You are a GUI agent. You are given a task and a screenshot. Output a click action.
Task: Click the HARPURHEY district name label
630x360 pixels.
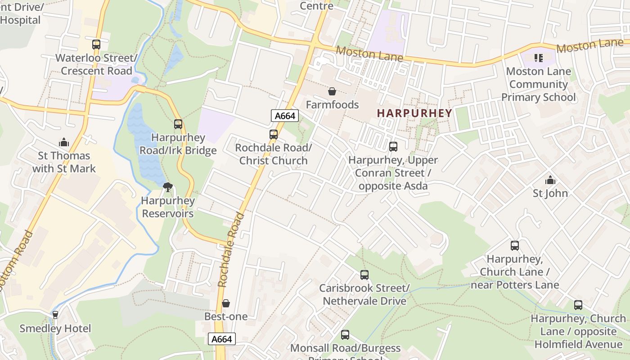click(414, 113)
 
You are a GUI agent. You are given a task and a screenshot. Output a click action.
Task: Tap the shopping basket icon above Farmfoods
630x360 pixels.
click(332, 92)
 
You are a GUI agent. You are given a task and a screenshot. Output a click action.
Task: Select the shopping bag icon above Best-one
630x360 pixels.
click(226, 304)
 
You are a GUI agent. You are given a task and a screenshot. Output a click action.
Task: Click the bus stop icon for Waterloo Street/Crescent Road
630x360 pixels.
click(96, 45)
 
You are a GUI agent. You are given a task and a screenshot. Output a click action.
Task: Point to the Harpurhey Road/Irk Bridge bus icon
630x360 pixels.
click(178, 124)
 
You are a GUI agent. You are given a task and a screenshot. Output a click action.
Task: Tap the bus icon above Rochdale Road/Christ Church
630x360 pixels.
click(273, 135)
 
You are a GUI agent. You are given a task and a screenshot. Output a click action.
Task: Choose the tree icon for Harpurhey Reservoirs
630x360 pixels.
click(168, 187)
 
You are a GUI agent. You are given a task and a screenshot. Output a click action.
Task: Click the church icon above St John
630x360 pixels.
click(550, 180)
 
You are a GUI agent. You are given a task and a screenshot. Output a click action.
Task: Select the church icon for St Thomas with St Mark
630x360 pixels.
click(64, 143)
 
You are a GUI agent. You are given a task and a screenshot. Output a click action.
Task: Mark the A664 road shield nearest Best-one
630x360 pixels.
click(222, 339)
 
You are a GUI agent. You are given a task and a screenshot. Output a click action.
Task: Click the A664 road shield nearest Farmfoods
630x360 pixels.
click(285, 116)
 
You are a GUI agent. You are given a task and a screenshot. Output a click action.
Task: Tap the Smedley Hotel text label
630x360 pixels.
click(55, 328)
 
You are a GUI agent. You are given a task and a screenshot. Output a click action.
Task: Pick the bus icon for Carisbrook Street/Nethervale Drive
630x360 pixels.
click(364, 275)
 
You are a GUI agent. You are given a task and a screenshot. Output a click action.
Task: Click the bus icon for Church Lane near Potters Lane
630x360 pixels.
click(515, 246)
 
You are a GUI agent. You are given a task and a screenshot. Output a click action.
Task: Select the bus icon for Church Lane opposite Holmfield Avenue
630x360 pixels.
click(578, 305)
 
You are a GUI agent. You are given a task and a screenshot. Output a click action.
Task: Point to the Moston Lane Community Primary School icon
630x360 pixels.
click(538, 58)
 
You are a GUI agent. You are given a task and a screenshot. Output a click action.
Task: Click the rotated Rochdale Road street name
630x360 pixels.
click(230, 250)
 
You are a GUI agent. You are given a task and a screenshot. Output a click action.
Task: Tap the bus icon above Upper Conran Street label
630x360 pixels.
click(393, 147)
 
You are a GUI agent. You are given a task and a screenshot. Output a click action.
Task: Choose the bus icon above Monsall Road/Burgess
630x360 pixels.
click(345, 335)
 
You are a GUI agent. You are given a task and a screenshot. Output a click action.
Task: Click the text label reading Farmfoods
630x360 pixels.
click(332, 105)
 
